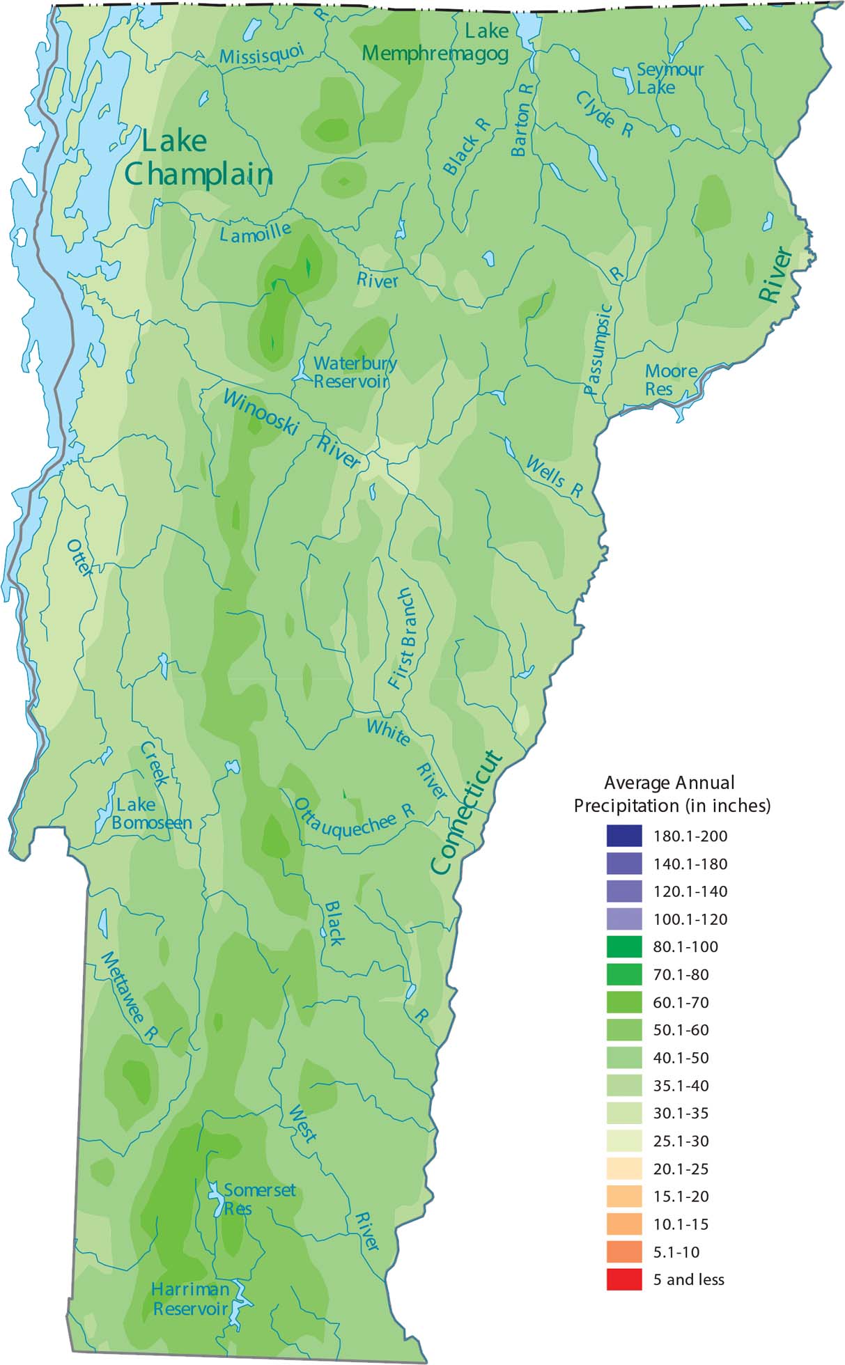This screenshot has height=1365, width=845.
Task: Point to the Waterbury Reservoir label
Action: [x=354, y=372]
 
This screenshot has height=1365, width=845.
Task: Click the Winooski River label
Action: [x=293, y=429]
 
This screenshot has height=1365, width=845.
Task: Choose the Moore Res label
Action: [x=670, y=380]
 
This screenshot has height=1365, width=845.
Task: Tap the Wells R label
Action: [x=555, y=477]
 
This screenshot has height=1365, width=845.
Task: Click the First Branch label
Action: [x=403, y=639]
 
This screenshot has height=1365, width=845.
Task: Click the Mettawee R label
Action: [x=128, y=997]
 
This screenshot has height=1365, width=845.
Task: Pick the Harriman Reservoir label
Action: [x=190, y=1300]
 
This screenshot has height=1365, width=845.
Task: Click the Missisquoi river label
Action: [x=262, y=54]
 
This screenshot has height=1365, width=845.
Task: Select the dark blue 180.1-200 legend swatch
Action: [x=623, y=836]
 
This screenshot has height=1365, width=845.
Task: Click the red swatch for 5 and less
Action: [x=623, y=1280]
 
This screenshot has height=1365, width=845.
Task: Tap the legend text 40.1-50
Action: [x=681, y=1058]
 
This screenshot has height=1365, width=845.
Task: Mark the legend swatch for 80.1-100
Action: [x=623, y=947]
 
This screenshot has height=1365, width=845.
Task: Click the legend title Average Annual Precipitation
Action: [x=671, y=794]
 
